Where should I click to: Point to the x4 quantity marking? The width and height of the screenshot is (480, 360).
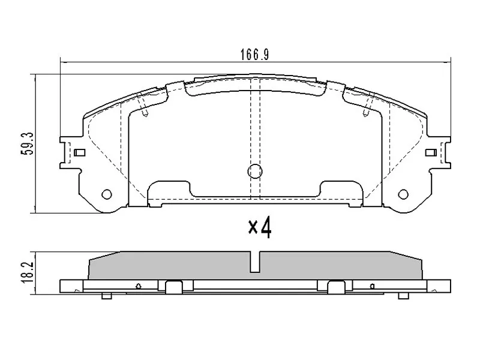(260, 227)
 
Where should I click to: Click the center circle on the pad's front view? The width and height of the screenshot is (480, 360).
(255, 172)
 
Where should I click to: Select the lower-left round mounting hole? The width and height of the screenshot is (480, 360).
(107, 194)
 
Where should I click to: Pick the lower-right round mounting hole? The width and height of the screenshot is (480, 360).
(403, 194)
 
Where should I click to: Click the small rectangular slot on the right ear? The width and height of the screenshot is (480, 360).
(430, 153)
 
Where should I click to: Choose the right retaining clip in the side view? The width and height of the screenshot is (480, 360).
(336, 287)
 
